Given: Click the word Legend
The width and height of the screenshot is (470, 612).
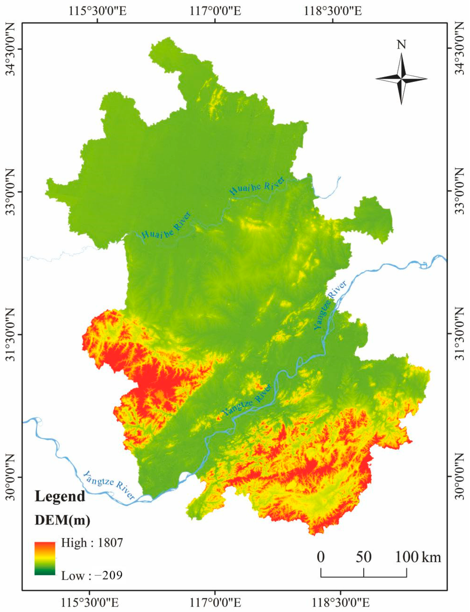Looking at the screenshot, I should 60,496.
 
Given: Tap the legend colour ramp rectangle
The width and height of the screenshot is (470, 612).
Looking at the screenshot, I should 45,559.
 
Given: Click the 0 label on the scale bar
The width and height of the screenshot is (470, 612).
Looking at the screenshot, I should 321,557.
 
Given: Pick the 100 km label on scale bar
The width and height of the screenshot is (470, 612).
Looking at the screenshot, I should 418,557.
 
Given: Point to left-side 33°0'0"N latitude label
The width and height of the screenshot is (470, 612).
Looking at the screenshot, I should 11,192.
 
